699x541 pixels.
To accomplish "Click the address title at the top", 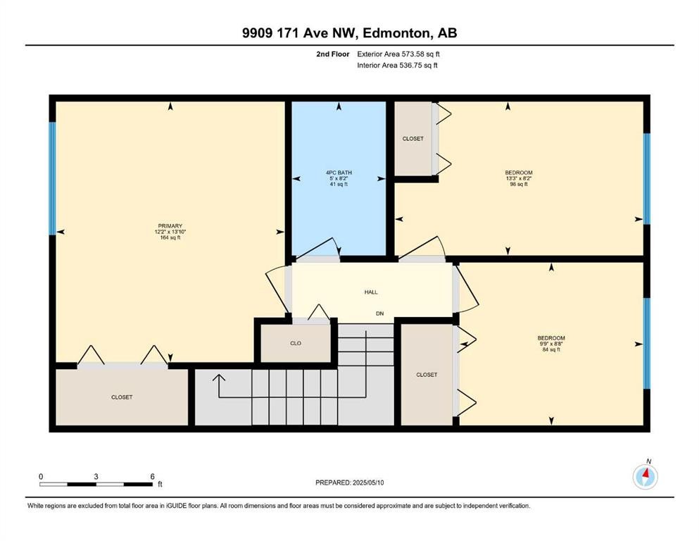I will coord(349,33).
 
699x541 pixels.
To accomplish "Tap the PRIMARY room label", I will coord(170,226).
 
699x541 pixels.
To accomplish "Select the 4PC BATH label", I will coord(339,173).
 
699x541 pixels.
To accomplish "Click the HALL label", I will coord(372,291).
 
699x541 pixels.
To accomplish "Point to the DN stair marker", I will coord(379,313).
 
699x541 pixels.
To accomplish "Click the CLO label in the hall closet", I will coord(296,343).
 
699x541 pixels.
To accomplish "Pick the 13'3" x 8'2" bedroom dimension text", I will coord(518,179).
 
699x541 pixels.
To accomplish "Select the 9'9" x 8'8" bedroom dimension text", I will coord(551,344).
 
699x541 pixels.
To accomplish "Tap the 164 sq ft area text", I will coord(170,237).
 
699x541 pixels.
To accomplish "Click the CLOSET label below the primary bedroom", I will coord(122,397).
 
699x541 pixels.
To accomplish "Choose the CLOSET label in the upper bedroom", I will coord(413,139).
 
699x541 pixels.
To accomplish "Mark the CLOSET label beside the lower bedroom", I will coord(427,375).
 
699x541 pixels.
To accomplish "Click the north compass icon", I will coord(645,477).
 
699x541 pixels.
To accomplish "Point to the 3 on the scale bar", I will coord(96,476).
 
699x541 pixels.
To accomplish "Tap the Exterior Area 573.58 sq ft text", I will coord(398,54).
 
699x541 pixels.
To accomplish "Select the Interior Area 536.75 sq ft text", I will coord(397,66).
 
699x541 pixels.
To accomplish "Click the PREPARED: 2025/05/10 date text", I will coord(349,483).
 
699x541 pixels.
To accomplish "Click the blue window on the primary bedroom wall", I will coord(52,179).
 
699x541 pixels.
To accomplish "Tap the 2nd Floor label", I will coord(334,54).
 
